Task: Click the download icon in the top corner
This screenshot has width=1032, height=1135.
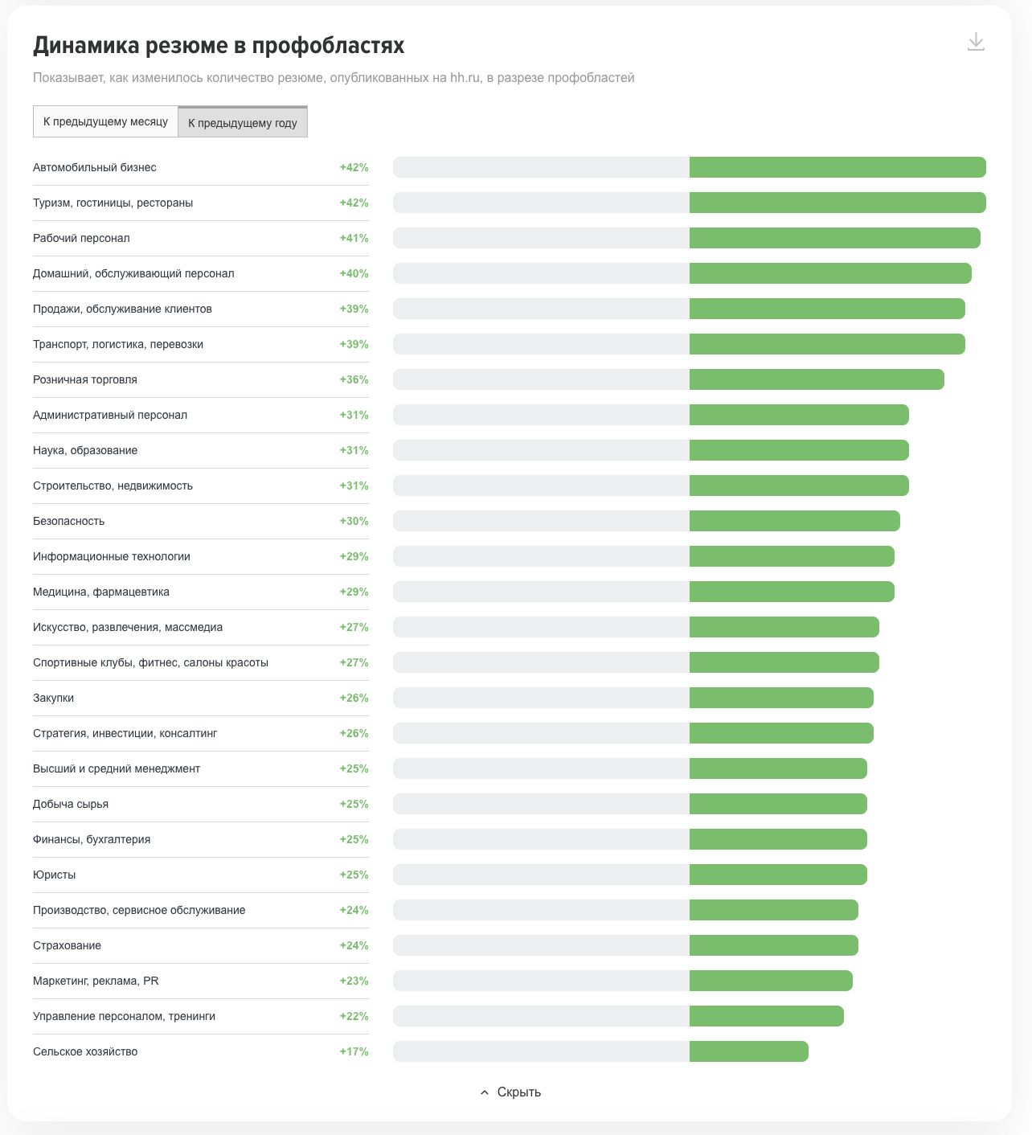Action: [x=976, y=42]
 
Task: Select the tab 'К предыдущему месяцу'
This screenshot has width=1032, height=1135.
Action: [x=105, y=121]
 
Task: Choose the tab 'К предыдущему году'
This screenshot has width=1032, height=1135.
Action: [x=243, y=122]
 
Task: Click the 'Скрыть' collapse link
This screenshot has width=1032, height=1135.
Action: [x=511, y=1092]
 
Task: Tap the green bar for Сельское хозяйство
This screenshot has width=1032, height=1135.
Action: [x=748, y=1051]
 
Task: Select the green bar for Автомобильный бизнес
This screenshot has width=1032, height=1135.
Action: [x=837, y=167]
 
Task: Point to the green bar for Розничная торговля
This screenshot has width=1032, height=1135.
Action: [x=817, y=379]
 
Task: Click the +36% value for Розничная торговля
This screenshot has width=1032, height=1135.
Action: [x=354, y=379]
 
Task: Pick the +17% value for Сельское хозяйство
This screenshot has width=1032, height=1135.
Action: [x=354, y=1051]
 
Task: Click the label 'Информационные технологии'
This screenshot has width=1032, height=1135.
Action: [x=112, y=556]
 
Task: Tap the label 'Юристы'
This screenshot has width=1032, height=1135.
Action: [x=55, y=875]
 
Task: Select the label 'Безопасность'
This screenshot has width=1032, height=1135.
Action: [x=69, y=521]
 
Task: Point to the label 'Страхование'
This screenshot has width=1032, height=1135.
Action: [x=68, y=945]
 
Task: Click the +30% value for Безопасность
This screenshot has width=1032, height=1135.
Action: [x=354, y=521]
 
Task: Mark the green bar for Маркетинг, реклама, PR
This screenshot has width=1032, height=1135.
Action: [x=771, y=981]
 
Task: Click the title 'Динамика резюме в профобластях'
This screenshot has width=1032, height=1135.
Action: [x=219, y=46]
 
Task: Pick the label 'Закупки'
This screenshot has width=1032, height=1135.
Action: [x=54, y=698]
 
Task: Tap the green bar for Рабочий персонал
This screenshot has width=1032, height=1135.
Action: [x=834, y=238]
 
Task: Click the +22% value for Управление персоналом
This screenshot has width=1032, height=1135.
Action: [x=354, y=1016]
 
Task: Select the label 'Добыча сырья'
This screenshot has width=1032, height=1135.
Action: [x=71, y=804]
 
